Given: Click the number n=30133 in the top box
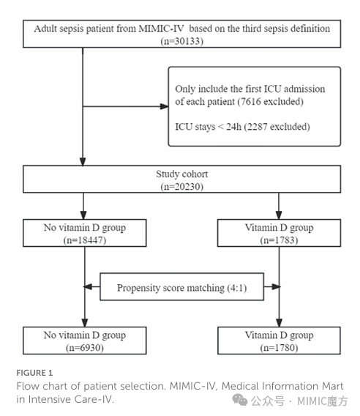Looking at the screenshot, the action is click(x=182, y=41).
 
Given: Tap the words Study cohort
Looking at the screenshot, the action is click(x=182, y=174).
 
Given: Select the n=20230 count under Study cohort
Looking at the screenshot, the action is click(x=182, y=187).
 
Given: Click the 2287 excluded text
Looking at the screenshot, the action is click(x=277, y=127).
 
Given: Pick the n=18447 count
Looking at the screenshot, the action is click(x=85, y=240).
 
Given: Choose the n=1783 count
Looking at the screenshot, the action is click(x=279, y=240).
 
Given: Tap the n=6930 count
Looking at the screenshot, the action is click(x=85, y=348).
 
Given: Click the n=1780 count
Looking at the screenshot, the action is click(x=279, y=348).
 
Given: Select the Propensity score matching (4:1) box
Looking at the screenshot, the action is click(x=182, y=287).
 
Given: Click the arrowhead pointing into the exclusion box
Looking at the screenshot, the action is click(x=164, y=106).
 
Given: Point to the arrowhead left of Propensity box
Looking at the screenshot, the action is click(x=88, y=286).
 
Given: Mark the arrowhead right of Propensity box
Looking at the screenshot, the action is click(x=276, y=286).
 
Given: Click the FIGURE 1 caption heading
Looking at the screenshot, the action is click(x=34, y=373).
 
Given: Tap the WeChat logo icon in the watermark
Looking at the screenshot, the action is click(x=240, y=400).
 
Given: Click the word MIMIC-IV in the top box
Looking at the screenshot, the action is click(x=161, y=29).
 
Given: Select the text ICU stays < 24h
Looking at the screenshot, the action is click(x=208, y=127).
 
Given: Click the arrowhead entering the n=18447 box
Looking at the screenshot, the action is click(x=83, y=215).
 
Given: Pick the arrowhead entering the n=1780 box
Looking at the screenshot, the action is click(x=279, y=322).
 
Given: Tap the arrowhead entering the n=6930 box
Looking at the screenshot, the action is click(x=85, y=322).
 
